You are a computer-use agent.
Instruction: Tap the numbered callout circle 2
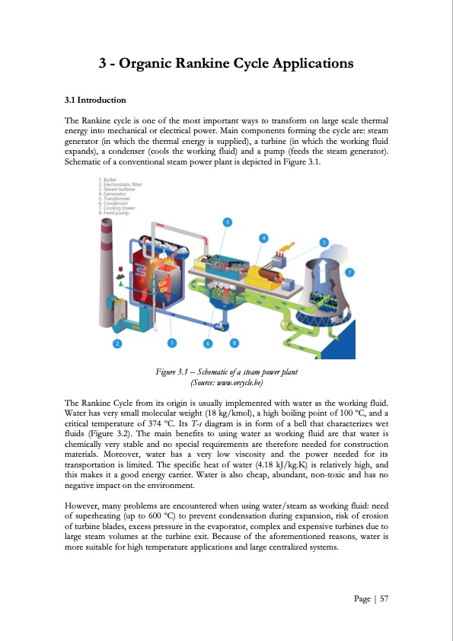(117, 344)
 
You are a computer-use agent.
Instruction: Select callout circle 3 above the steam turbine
(227, 222)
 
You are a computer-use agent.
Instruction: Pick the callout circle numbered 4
(263, 238)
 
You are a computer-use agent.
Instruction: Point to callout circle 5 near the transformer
(324, 243)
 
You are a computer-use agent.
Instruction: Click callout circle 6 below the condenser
(208, 343)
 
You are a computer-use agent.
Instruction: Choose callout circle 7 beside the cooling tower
(349, 272)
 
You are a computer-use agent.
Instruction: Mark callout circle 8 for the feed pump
(234, 343)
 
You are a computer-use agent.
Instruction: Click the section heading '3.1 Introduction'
(95, 100)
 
